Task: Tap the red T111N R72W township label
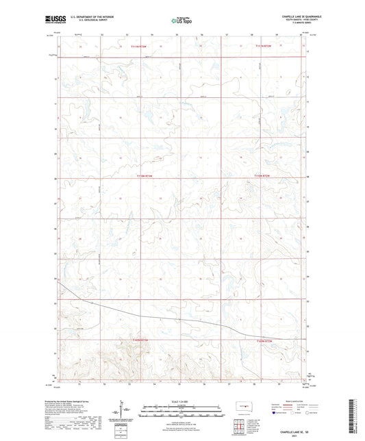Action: [x=255, y=46]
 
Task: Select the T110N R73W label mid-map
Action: [x=146, y=176]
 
